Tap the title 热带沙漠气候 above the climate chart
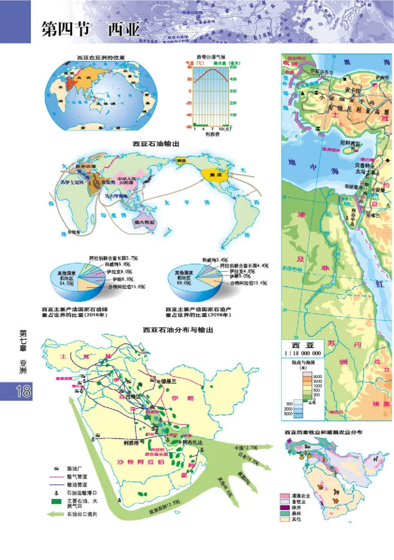point(210,57)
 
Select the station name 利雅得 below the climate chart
point(211,133)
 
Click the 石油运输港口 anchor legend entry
point(81,491)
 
